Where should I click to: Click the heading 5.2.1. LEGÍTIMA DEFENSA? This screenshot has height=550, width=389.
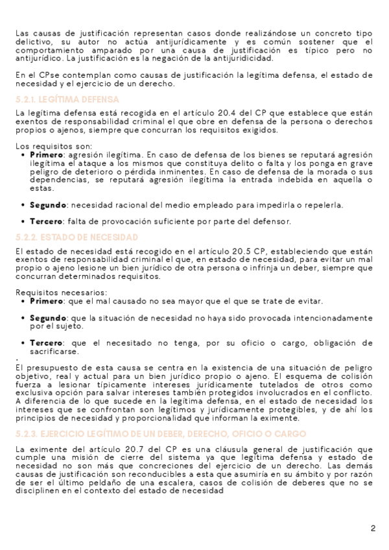click(x=67, y=100)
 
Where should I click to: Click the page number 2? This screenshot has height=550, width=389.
click(x=373, y=527)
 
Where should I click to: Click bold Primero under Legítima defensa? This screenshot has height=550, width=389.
click(x=47, y=156)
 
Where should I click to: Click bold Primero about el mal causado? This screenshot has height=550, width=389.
click(x=47, y=302)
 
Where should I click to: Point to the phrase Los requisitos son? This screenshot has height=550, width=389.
click(x=54, y=147)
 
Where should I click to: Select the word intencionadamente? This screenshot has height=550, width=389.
click(x=327, y=318)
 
